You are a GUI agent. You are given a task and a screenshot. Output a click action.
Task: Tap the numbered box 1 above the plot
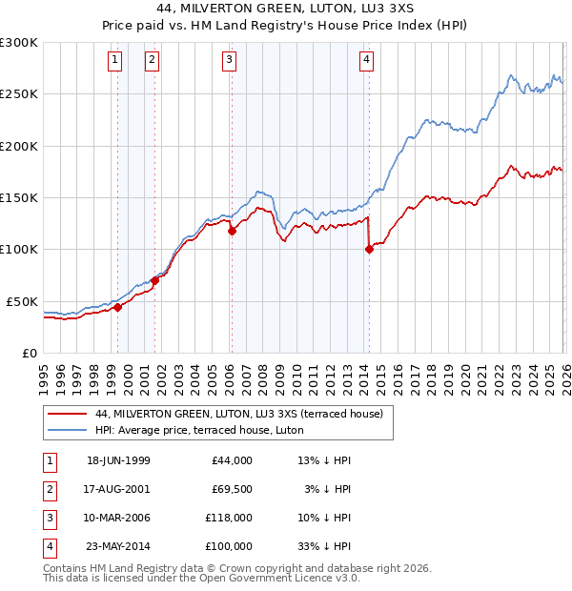(114, 60)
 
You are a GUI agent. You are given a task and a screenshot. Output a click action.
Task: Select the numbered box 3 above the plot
(230, 60)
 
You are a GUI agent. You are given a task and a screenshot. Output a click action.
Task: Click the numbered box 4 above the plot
(366, 60)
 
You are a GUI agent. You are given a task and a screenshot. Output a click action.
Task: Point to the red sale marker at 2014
(369, 250)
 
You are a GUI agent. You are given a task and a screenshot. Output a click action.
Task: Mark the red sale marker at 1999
(118, 307)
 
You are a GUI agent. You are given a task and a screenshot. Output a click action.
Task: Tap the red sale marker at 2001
(154, 280)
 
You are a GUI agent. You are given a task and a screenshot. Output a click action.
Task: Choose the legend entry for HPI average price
(199, 430)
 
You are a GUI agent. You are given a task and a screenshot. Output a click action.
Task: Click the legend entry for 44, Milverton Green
(239, 414)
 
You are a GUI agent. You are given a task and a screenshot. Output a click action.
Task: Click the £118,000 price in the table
(229, 520)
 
